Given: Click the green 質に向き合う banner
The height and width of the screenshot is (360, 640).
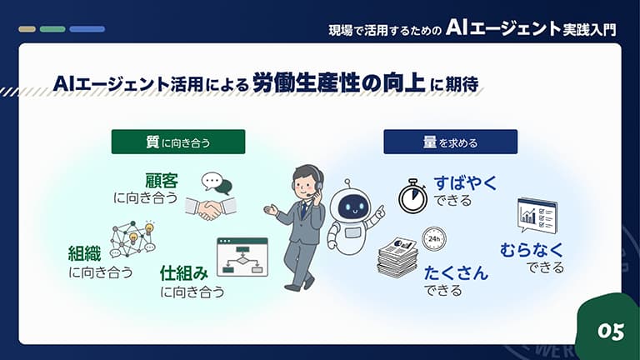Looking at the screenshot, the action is pyautogui.click(x=178, y=142).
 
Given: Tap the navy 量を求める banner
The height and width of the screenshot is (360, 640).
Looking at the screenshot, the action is pyautogui.click(x=450, y=142).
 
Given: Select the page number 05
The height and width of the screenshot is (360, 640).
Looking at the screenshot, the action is pyautogui.click(x=611, y=332).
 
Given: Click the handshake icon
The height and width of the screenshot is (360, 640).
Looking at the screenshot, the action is pyautogui.click(x=211, y=208).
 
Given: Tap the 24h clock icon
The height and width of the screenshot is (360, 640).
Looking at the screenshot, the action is pyautogui.click(x=433, y=239).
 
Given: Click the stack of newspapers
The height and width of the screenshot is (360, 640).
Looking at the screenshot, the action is pyautogui.click(x=397, y=257).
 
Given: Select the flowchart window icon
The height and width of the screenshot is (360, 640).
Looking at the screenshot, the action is pyautogui.click(x=242, y=257).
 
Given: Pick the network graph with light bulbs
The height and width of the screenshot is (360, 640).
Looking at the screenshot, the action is pyautogui.click(x=133, y=239).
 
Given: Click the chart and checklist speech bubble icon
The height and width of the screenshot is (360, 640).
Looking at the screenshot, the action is pyautogui.click(x=537, y=215).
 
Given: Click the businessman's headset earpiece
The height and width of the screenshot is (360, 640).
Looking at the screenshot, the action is pyautogui.click(x=318, y=186).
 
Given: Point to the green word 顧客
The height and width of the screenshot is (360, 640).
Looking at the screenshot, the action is pyautogui.click(x=162, y=181).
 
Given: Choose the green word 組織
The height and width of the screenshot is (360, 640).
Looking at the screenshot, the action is pyautogui.click(x=84, y=253).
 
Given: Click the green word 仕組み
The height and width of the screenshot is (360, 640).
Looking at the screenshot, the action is pyautogui.click(x=184, y=273).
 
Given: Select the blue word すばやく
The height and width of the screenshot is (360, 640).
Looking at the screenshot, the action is pyautogui.click(x=465, y=183).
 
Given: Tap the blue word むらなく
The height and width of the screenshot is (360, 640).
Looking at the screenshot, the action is pyautogui.click(x=532, y=250).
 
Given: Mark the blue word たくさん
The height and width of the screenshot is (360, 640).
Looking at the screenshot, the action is pyautogui.click(x=456, y=273).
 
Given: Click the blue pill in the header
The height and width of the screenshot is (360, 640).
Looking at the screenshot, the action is pyautogui.click(x=87, y=29).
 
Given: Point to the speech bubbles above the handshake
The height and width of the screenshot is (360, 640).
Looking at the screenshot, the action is pyautogui.click(x=217, y=182).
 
